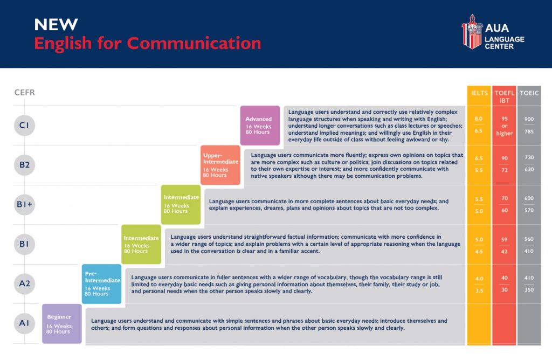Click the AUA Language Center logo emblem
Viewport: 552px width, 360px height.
click(x=472, y=32)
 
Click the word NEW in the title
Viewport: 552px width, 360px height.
click(x=56, y=25)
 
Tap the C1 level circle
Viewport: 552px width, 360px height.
click(x=24, y=125)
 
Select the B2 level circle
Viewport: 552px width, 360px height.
click(x=24, y=165)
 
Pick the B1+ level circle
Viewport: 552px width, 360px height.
click(x=24, y=204)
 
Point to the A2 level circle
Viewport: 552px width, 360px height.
click(x=24, y=283)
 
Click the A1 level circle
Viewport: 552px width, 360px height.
click(x=24, y=323)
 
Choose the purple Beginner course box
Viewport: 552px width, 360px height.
click(x=62, y=324)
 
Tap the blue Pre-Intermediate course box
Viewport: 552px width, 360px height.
click(x=101, y=284)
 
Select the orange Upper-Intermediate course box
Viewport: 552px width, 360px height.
click(x=220, y=165)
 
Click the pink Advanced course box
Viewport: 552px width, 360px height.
click(x=260, y=126)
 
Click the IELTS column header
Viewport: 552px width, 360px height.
click(x=479, y=93)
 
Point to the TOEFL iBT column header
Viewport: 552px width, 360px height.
click(x=505, y=97)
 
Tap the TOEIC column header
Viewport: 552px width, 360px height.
click(x=529, y=93)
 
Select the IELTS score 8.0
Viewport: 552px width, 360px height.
click(x=479, y=119)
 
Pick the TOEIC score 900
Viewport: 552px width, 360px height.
click(x=529, y=119)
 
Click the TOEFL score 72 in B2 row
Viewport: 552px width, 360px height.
click(x=505, y=170)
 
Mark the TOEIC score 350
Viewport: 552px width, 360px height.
click(x=529, y=290)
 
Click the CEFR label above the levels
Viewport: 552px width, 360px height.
click(x=25, y=93)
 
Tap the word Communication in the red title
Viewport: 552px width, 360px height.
click(x=194, y=43)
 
